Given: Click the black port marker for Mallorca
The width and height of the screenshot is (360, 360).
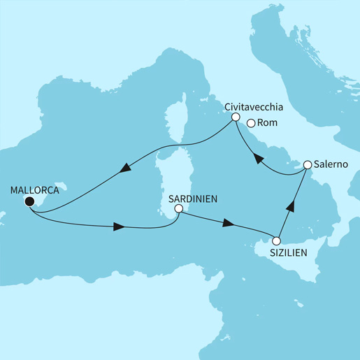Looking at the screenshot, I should pos(29,202).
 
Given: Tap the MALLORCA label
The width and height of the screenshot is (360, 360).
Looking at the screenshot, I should pos(34,189).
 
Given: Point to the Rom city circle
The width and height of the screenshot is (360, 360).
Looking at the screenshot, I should pos(251,123).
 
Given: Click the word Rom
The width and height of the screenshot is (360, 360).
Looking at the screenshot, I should pos(268,123).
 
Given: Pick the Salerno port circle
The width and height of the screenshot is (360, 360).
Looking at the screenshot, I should pos(307,166).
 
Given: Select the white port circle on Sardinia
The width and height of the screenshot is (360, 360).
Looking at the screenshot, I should pos(178,208).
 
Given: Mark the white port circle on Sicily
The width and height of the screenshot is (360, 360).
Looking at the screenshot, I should pos(277,242).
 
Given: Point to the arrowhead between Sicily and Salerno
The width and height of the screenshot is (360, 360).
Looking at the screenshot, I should pos(292,204).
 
